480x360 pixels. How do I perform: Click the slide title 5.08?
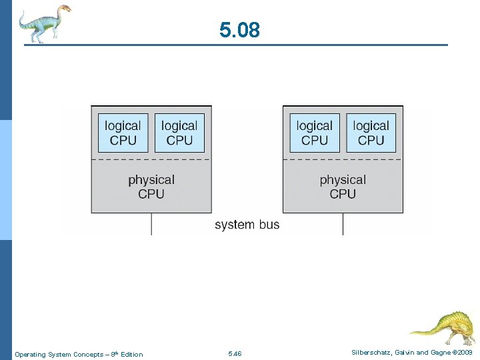click(x=240, y=30)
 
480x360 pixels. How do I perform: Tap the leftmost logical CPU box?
click(x=123, y=133)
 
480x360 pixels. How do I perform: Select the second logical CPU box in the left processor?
click(x=179, y=133)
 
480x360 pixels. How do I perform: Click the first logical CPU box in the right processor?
click(x=315, y=133)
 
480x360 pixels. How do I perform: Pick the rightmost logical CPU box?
click(x=371, y=133)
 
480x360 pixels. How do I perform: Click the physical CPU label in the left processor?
click(x=151, y=187)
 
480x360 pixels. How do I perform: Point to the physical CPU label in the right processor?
click(x=343, y=187)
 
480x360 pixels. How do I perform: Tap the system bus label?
click(x=247, y=225)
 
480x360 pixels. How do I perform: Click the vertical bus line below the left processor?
click(x=151, y=224)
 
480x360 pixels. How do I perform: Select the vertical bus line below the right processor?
click(x=343, y=224)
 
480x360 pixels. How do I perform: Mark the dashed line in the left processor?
click(x=151, y=160)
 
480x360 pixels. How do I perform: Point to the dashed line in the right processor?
click(x=343, y=160)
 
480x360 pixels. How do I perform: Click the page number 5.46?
click(x=235, y=354)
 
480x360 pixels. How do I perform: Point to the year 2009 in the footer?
click(x=465, y=352)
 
